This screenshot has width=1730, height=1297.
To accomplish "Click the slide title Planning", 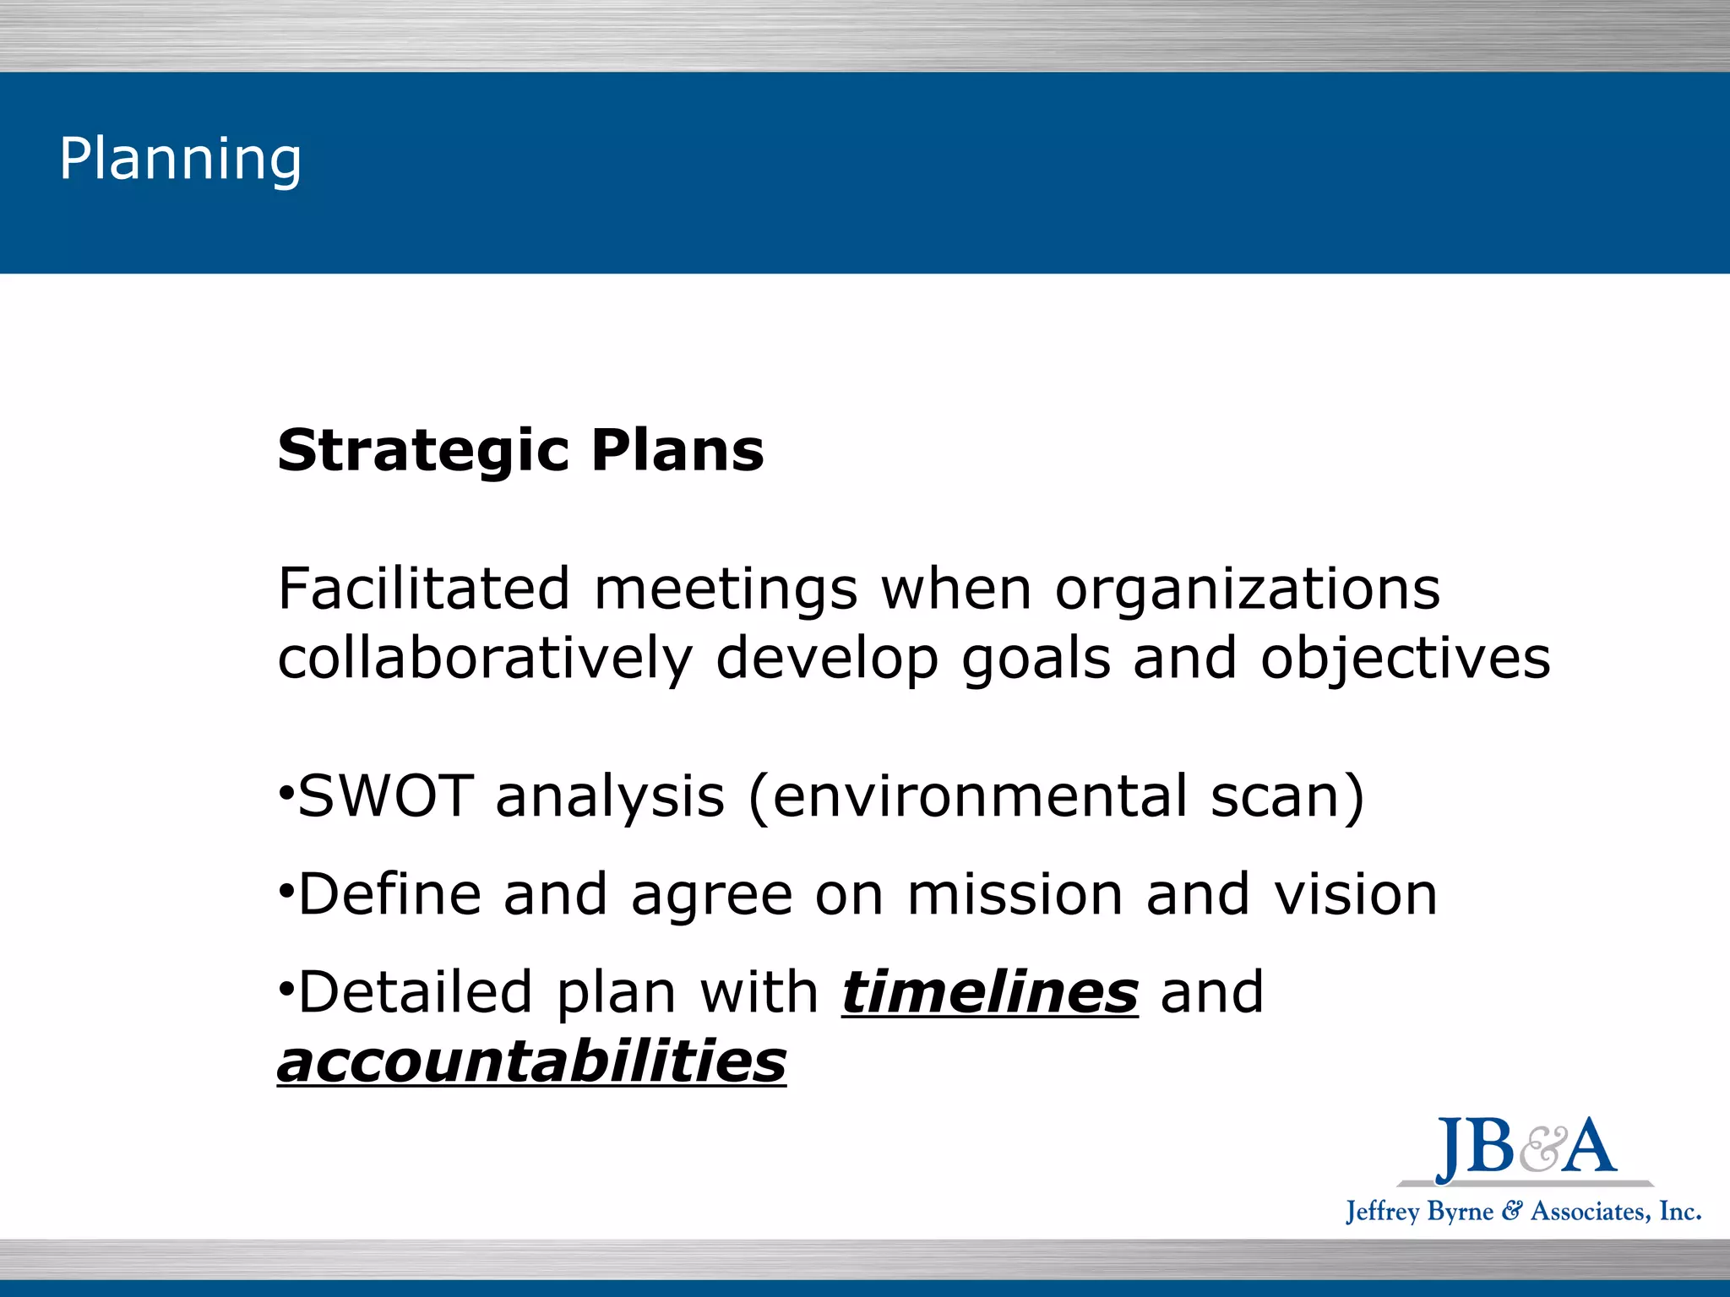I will pos(180,159).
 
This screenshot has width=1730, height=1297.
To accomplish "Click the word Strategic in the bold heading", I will pos(422,451).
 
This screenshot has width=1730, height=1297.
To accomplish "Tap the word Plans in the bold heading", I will pos(677,451).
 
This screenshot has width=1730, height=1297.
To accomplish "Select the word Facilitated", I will pos(424,589).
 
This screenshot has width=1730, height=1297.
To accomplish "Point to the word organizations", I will pos(1248,590).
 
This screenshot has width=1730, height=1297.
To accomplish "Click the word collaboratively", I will pos(485,659).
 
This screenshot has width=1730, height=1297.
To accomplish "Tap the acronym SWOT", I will pos(385,796).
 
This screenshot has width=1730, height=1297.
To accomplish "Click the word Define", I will pos(389,894).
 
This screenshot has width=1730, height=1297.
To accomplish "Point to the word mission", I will pos(1015,894).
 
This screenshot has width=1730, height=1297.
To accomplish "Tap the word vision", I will pos(1356,894).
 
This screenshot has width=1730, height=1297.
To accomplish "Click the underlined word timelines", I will pos(990,992).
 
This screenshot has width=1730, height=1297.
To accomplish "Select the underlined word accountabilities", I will pos(531,1062).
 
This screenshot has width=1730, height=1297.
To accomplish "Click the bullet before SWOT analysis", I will pos(286,794).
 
